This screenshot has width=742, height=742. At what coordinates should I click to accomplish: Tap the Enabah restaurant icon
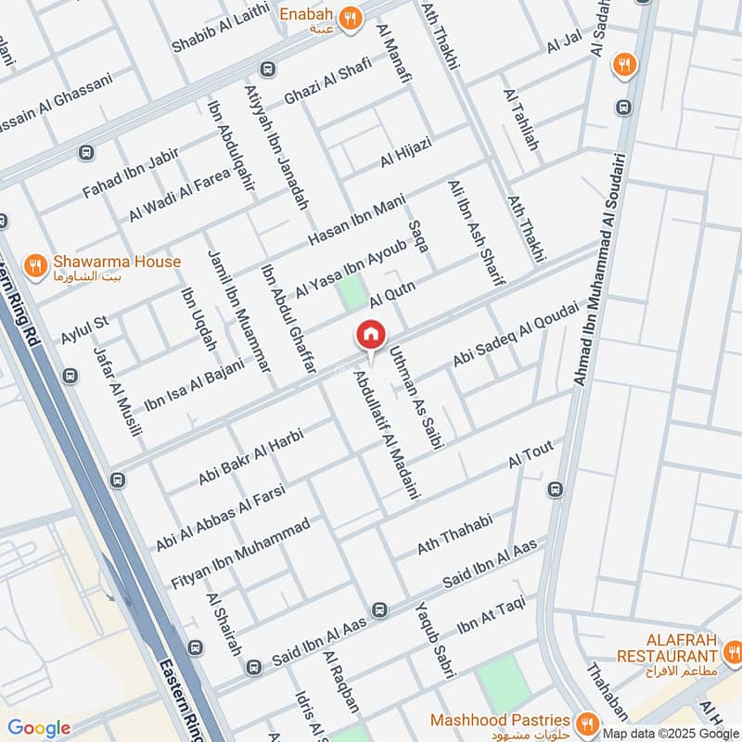coord(349,19)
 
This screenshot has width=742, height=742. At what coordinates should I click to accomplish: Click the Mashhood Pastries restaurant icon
coord(586,722)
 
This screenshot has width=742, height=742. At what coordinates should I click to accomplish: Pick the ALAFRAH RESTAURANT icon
coord(732,648)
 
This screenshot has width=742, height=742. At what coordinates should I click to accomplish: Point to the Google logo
coord(39,728)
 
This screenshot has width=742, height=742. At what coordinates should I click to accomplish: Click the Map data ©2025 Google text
coord(671,731)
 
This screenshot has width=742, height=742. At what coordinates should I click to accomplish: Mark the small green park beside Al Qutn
coord(352,292)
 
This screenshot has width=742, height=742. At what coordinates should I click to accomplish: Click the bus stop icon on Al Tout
coord(555,490)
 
